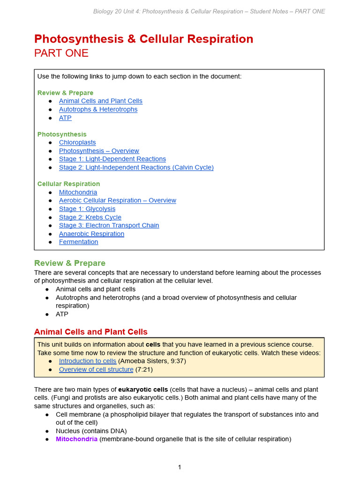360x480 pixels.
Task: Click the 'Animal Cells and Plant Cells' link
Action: click(x=100, y=101)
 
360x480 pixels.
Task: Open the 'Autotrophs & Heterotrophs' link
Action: click(x=98, y=109)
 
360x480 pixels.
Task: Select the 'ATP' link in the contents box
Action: click(x=65, y=118)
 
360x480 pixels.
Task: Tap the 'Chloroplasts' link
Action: click(x=77, y=142)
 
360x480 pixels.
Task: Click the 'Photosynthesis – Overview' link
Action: click(x=99, y=151)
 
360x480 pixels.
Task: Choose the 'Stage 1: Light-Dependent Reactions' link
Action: click(x=112, y=159)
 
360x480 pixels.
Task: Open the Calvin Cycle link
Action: click(x=136, y=167)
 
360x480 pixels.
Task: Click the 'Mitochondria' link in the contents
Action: click(x=78, y=192)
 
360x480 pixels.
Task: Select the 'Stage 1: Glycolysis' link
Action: click(x=87, y=209)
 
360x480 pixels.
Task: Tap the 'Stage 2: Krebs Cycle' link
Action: click(x=90, y=217)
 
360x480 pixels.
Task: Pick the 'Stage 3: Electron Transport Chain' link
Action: click(x=109, y=225)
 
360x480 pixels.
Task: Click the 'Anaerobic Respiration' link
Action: click(x=91, y=234)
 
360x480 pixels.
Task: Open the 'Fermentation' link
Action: click(x=78, y=242)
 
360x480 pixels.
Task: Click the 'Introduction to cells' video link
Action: click(x=87, y=361)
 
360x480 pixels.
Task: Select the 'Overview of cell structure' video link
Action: click(x=96, y=369)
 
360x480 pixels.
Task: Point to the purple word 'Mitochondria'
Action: click(x=76, y=439)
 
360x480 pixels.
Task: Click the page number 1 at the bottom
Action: click(x=180, y=467)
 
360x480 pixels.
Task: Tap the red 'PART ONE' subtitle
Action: click(x=61, y=53)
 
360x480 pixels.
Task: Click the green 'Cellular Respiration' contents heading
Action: click(x=68, y=184)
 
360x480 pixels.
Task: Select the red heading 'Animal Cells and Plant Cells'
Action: click(x=90, y=332)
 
